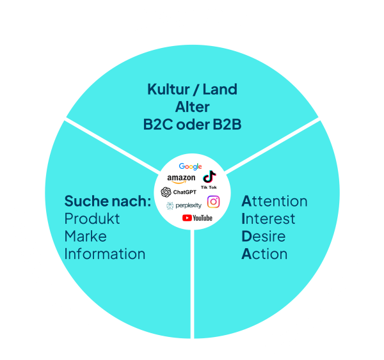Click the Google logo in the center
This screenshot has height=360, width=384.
coord(190,166)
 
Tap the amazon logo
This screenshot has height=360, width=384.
coord(181,178)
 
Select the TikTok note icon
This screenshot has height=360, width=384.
coord(209,176)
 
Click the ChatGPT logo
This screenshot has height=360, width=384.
coord(179,192)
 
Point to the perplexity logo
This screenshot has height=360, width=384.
coord(184,205)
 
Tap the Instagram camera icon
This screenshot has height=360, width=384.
coord(213,202)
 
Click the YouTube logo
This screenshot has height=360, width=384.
coord(197,218)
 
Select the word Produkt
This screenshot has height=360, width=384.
coord(92,219)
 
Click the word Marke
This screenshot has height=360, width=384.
coord(86,236)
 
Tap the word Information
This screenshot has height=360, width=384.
coord(105,254)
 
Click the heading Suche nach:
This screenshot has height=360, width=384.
coord(108,201)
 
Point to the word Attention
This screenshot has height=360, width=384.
coord(275,201)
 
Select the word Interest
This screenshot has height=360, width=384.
coord(268,219)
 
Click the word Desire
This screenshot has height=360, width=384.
coord(264,236)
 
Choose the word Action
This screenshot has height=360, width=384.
coord(264,254)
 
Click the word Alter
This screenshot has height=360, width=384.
coord(192,107)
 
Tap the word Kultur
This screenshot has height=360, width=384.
coord(169,90)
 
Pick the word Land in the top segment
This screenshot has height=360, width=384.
coord(220,90)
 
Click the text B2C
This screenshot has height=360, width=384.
coord(158,125)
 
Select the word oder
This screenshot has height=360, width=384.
coord(193,125)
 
